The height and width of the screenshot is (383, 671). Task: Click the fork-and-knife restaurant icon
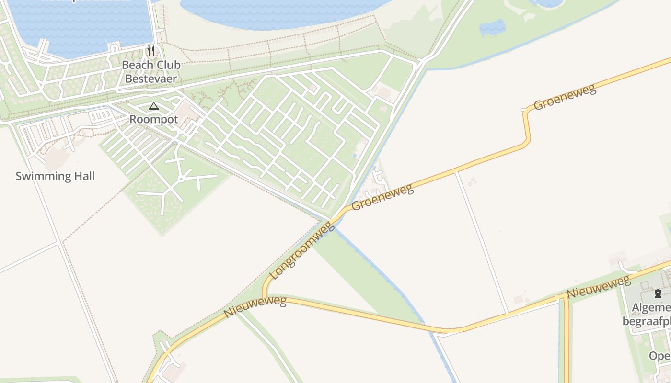pyautogui.click(x=151, y=50)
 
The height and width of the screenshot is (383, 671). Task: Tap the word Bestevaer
pyautogui.click(x=150, y=79)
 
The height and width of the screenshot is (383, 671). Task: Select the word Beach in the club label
pyautogui.click(x=136, y=65)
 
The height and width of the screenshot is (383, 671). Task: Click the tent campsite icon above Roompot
pyautogui.click(x=153, y=106)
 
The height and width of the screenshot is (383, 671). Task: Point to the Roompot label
pyautogui.click(x=153, y=120)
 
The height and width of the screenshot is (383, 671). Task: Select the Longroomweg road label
pyautogui.click(x=302, y=250)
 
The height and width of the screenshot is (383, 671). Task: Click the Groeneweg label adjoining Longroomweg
pyautogui.click(x=382, y=197)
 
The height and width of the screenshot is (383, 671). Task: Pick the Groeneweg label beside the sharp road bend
pyautogui.click(x=565, y=97)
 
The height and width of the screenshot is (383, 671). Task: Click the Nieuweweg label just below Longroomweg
pyautogui.click(x=255, y=307)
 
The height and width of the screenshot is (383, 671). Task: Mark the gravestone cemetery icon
pyautogui.click(x=658, y=293)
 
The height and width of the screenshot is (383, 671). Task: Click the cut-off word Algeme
pyautogui.click(x=651, y=307)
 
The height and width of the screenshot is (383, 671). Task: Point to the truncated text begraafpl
pyautogui.click(x=647, y=321)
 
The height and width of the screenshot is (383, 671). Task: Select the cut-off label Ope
pyautogui.click(x=659, y=356)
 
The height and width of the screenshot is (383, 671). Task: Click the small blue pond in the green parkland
pyautogui.click(x=492, y=28)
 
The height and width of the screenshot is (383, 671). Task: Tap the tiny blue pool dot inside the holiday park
pyautogui.click(x=354, y=156)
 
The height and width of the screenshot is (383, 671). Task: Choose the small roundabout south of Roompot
pyautogui.click(x=181, y=179)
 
